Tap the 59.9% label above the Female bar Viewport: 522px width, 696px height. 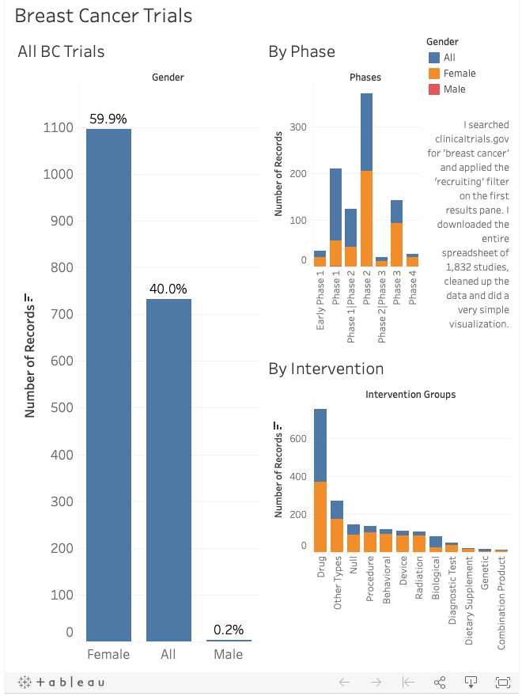108,119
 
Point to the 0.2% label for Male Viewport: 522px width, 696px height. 229,630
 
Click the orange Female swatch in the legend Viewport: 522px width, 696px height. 433,74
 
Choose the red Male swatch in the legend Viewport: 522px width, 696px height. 433,89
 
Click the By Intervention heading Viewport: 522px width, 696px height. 326,369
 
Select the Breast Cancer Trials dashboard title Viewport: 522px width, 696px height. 104,16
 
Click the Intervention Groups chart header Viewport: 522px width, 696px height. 410,395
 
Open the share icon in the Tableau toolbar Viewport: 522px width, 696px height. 441,682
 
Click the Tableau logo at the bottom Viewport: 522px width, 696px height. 61,682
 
